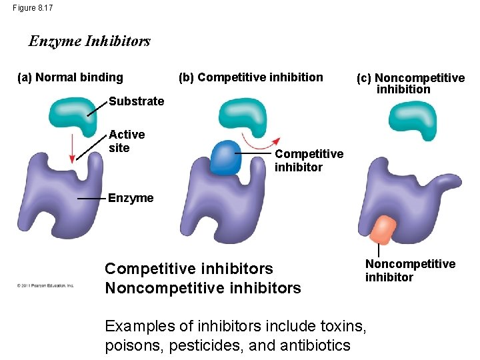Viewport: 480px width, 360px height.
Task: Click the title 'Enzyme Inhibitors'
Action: point(89,41)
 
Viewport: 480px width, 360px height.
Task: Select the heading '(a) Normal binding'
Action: point(70,77)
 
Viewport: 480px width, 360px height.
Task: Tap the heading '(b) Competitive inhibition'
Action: point(250,77)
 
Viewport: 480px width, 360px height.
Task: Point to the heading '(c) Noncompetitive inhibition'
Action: point(410,83)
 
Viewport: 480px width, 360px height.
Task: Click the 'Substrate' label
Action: point(136,101)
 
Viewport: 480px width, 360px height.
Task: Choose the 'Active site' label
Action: point(126,141)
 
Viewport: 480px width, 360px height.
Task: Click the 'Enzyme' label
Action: point(130,198)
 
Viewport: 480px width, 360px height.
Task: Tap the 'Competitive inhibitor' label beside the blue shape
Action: point(309,161)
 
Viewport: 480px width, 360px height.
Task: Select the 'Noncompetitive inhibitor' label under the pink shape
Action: point(409,271)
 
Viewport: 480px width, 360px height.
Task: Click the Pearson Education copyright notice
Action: point(45,285)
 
